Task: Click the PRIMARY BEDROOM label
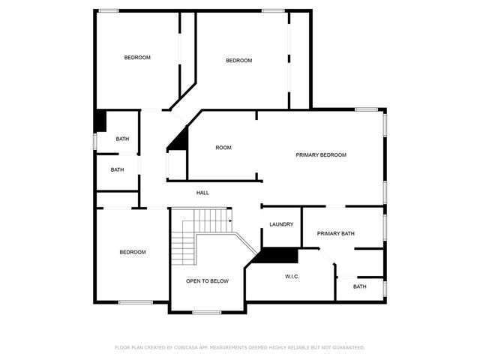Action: pos(321,155)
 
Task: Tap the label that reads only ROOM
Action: pos(223,148)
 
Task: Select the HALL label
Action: pos(202,193)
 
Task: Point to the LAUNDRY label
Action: pos(281,224)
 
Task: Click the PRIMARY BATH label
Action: pos(335,233)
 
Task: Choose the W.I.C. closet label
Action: pos(292,277)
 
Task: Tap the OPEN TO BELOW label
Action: pos(208,281)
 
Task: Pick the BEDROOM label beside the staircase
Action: pos(133,252)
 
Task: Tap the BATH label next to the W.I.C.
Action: pos(360,286)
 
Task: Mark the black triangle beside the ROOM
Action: pos(178,139)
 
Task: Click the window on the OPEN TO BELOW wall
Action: pos(208,312)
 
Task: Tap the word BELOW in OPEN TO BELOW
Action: pos(220,281)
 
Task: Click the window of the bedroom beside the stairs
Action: pos(136,302)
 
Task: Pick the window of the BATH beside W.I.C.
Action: pos(384,288)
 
